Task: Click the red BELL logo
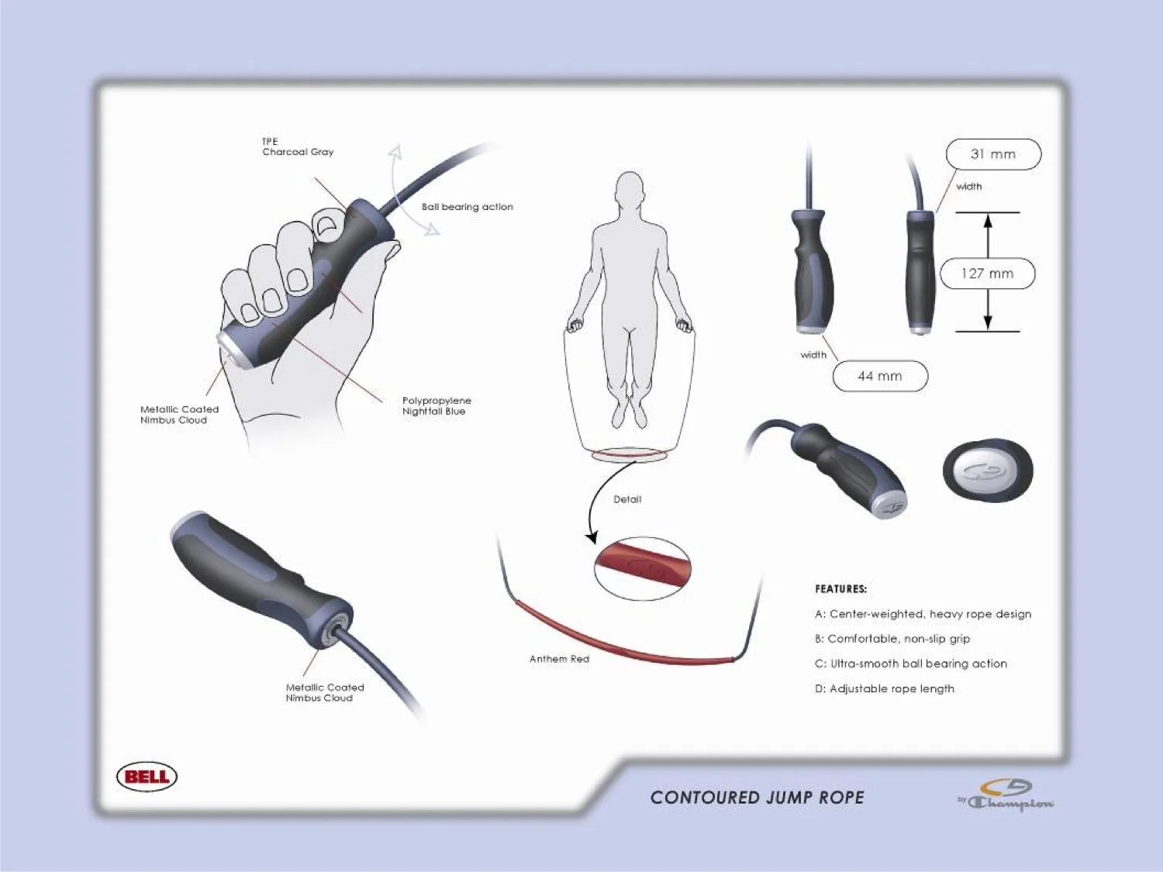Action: (x=147, y=777)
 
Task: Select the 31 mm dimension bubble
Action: (x=993, y=154)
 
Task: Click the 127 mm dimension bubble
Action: (x=987, y=274)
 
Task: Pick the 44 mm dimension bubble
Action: (x=880, y=376)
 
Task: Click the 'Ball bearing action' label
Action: (x=467, y=207)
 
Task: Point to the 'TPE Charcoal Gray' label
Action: (x=298, y=147)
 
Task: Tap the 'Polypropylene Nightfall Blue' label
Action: (x=437, y=406)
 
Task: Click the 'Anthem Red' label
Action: (x=559, y=659)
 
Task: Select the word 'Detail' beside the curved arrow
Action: (x=627, y=499)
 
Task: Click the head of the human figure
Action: (x=630, y=190)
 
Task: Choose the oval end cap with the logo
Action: (x=987, y=470)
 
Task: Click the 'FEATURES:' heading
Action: (x=840, y=589)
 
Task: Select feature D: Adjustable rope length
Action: (x=884, y=688)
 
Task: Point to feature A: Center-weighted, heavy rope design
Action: (x=923, y=614)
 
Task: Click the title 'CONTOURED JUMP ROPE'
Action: (x=757, y=798)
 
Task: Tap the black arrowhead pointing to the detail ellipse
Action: (x=592, y=537)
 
